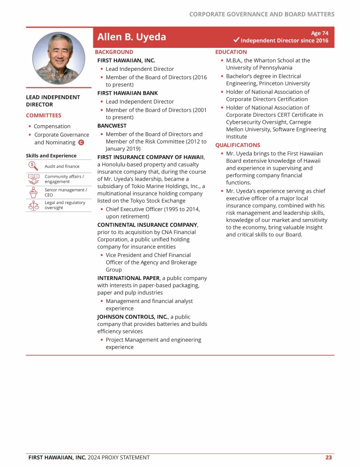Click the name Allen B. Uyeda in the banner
pyautogui.click(x=131, y=37)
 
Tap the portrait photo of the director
pyautogui.click(x=59, y=57)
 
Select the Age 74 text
pyautogui.click(x=320, y=33)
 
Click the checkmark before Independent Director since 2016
pyautogui.click(x=236, y=41)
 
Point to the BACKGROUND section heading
pyautogui.click(x=114, y=52)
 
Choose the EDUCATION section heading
pyautogui.click(x=231, y=52)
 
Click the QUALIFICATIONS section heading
pyautogui.click(x=237, y=145)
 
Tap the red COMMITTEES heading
pyautogui.click(x=44, y=115)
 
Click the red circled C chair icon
pyautogui.click(x=81, y=143)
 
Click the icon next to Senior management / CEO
pyautogui.click(x=33, y=192)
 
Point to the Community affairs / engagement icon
pyautogui.click(x=33, y=179)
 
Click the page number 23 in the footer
pyautogui.click(x=329, y=457)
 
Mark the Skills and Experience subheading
pyautogui.click(x=51, y=156)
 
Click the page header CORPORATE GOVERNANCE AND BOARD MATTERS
pyautogui.click(x=262, y=14)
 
